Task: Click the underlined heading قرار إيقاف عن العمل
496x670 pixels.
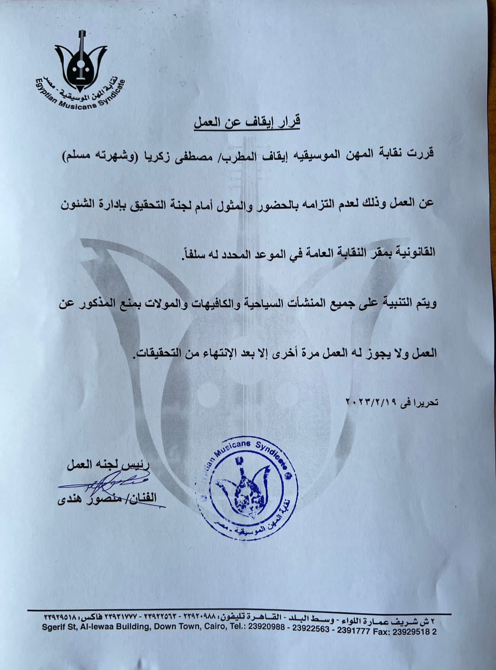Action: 247,123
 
